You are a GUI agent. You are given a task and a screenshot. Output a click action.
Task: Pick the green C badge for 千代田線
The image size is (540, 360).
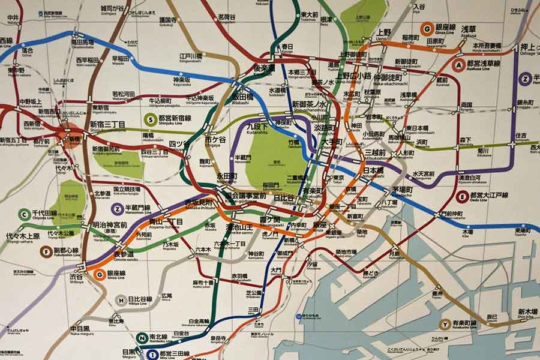pos(24,214)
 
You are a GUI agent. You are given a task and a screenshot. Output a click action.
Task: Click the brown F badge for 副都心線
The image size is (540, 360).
pos(46,251)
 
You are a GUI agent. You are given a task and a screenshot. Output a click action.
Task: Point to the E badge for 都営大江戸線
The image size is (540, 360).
pos(462,196)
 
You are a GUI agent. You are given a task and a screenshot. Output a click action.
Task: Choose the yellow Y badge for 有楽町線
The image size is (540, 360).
pos(445,324)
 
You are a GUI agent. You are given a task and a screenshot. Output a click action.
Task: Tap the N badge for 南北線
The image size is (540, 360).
pos(142,338)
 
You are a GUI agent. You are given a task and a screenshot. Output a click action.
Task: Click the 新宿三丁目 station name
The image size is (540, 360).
pos(107,124)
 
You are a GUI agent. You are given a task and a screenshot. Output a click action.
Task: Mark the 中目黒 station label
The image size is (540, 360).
pos(80,329)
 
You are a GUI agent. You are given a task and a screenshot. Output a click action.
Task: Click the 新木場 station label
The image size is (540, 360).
pos(527,311)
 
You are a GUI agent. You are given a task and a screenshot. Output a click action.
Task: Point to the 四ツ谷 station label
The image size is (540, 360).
pos(179,143)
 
